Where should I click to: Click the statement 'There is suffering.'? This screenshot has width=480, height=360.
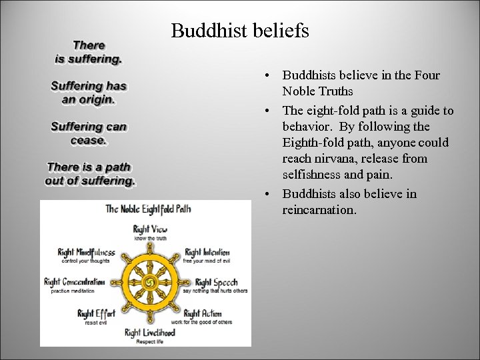tap(89, 52)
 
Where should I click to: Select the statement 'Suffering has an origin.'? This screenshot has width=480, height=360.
tap(89, 93)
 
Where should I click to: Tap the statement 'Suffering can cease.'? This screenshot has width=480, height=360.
tap(89, 133)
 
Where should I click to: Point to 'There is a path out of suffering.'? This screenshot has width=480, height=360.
tap(90, 174)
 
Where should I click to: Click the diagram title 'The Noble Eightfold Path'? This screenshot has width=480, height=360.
tap(148, 209)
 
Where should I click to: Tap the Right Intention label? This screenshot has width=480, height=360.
tap(207, 253)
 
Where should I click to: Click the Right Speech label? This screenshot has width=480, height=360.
tap(216, 282)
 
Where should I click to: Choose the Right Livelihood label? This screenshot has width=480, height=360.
tap(149, 332)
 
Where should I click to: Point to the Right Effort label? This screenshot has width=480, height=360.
tap(96, 313)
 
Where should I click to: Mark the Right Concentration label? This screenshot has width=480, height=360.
tap(74, 282)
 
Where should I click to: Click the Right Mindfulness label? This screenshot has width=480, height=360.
tap(86, 253)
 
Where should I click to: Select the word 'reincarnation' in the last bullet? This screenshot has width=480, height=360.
tap(319, 210)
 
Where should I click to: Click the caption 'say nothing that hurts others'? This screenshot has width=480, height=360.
tap(215, 291)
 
